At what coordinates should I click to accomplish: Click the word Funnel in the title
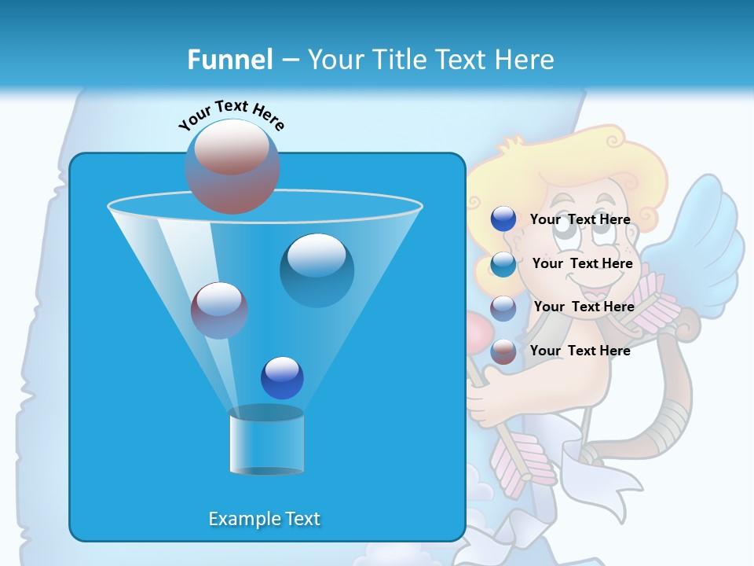[229, 60]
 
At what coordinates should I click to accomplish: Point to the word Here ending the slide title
[525, 60]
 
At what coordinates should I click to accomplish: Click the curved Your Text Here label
[231, 115]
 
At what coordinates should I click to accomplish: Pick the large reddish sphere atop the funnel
[232, 166]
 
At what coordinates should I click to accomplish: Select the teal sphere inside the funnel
[317, 270]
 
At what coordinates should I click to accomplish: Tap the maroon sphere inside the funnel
[219, 311]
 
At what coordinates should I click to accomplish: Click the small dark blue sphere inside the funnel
[282, 377]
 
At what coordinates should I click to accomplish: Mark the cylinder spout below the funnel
[266, 442]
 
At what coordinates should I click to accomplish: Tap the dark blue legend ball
[503, 219]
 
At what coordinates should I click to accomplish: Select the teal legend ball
[503, 263]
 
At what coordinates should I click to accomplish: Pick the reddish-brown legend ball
[503, 351]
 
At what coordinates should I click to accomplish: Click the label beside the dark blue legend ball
[580, 219]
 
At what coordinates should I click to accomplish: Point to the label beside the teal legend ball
[582, 263]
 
